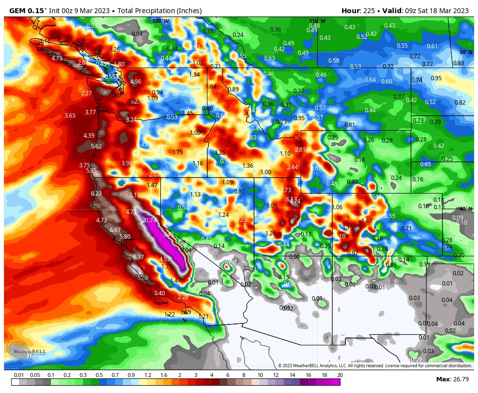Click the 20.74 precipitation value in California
150,220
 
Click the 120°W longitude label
160,21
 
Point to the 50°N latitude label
466,52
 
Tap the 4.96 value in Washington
136,82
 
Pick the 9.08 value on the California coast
141,277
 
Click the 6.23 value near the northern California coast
96,194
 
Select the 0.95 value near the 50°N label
436,78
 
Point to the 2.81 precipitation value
300,149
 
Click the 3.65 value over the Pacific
70,116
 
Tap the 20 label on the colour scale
340,375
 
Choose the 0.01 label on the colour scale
19,375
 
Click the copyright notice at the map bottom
375,366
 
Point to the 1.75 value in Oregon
177,152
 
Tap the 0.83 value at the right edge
459,63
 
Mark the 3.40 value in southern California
159,293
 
